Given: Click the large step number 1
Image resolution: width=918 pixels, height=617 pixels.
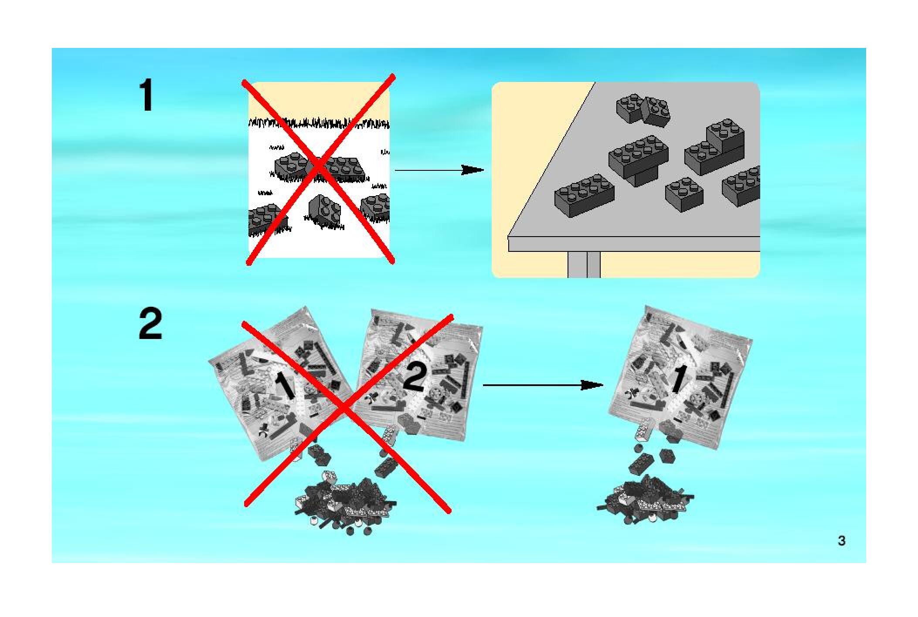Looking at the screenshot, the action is pos(146,95).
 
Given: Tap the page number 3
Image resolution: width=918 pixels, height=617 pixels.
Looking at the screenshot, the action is pos(841,541).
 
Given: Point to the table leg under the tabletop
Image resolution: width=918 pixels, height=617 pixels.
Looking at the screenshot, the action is pos(584,264).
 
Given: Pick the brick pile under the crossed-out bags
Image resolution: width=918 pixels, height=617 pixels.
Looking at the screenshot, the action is pos(344,501).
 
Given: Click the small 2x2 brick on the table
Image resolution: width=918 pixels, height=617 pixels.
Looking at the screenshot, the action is pos(684,194).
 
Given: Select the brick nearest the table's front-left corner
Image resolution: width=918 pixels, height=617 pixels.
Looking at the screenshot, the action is pos(584,195).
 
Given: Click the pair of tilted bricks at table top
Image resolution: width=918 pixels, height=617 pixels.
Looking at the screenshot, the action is pos(643,110).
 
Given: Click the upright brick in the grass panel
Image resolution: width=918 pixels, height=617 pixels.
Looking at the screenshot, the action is pos(324,210).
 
